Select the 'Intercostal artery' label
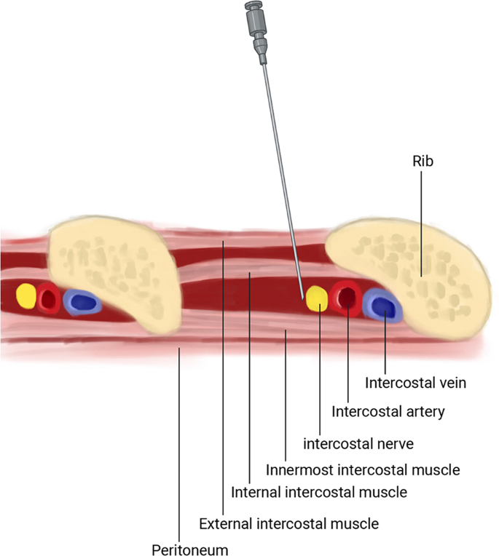[388, 412]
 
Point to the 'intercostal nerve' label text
[353, 442]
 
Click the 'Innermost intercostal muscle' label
[363, 469]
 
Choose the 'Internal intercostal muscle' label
[318, 492]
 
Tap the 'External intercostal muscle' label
[288, 523]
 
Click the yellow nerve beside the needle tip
[317, 298]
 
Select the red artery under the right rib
[345, 297]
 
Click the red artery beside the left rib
[49, 298]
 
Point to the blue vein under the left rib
[81, 301]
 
